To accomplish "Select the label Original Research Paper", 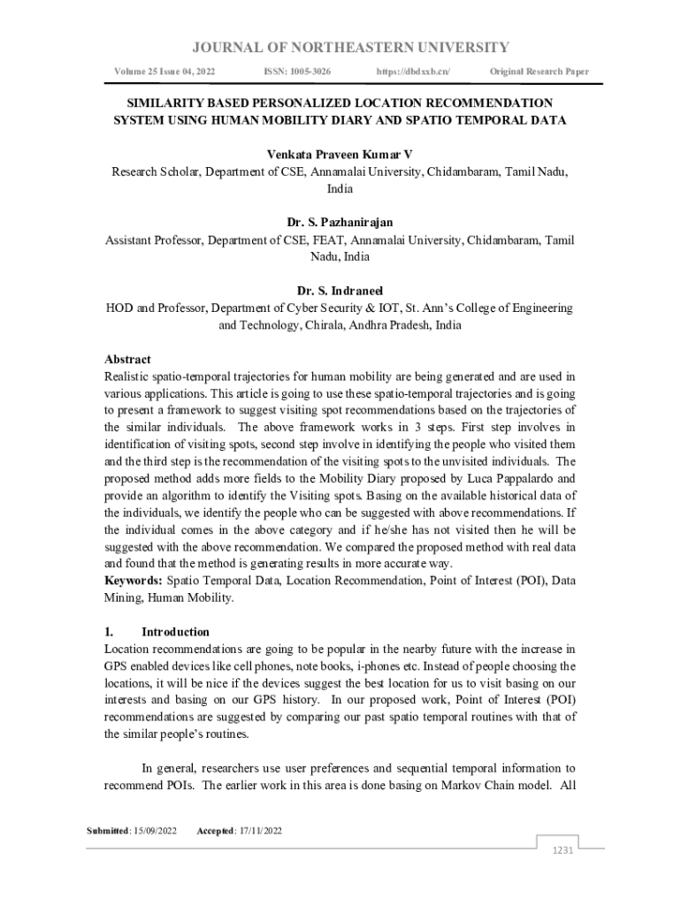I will point(539,71).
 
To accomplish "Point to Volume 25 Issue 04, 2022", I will point(165,71).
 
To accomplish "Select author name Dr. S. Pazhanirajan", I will point(340,223).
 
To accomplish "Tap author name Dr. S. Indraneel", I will point(340,291).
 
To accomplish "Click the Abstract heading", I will point(127,360).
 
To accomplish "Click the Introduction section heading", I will point(175,632).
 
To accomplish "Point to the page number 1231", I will point(563,850).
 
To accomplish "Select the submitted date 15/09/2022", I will point(156,831).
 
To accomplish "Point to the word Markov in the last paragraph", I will point(466,785).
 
